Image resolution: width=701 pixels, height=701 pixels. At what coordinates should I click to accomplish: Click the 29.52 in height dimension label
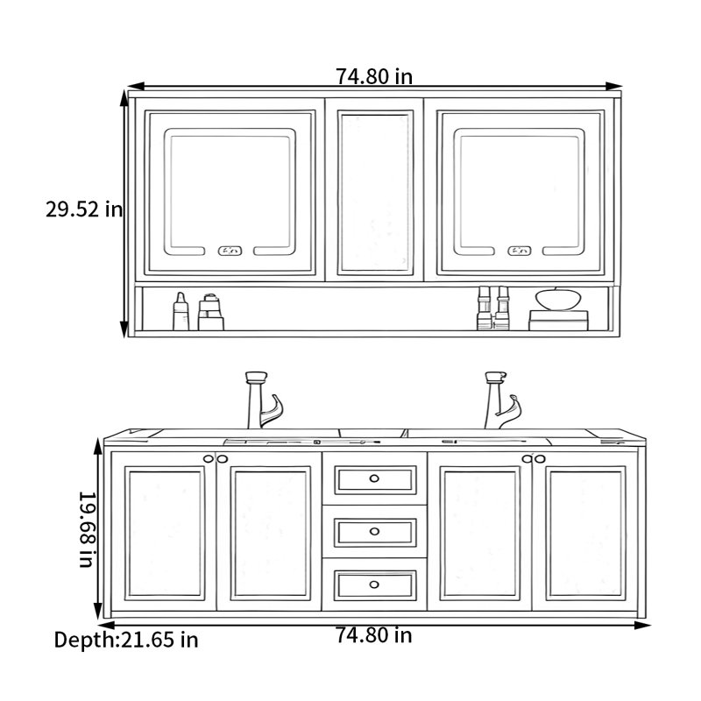(84, 209)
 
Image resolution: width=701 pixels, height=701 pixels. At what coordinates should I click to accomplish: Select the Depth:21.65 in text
(126, 640)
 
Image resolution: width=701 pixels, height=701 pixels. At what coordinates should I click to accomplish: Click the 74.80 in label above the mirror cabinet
(374, 76)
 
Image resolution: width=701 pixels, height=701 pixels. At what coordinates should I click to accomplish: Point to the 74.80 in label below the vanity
(374, 635)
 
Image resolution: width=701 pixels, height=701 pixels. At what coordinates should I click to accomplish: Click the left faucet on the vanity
(263, 400)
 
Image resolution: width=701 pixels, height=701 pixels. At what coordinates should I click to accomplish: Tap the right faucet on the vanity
(502, 400)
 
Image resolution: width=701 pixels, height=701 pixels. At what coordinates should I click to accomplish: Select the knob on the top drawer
(374, 478)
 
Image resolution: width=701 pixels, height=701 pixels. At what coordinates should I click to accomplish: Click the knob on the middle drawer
(374, 532)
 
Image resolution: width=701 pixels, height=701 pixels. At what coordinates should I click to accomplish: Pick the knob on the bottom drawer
(374, 584)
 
